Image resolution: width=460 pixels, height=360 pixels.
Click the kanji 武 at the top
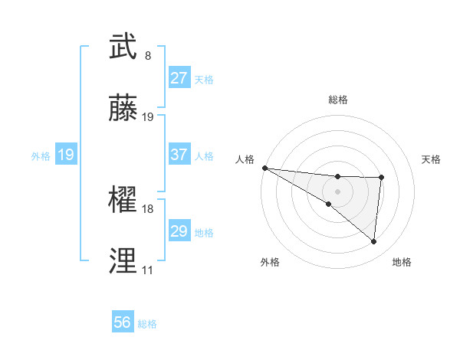[123, 47]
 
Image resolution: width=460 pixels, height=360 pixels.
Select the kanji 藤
[123, 109]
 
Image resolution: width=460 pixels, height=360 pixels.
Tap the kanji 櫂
[123, 201]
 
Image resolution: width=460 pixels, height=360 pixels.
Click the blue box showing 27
[179, 78]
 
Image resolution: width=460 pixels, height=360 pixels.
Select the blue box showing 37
[179, 155]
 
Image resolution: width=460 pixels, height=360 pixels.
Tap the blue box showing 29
[179, 231]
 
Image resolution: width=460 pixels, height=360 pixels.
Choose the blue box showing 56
[123, 323]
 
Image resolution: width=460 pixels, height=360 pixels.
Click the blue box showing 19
[66, 155]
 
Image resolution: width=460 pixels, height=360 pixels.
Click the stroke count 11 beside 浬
[147, 270]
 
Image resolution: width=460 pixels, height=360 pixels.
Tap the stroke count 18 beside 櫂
[148, 209]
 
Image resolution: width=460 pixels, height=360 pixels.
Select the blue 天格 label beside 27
[204, 80]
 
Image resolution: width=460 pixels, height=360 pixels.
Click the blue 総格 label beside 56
[147, 325]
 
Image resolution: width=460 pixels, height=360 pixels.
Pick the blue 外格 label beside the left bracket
[41, 156]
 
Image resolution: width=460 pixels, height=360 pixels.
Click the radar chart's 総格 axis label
[337, 100]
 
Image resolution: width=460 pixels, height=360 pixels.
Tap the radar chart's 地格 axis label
[402, 263]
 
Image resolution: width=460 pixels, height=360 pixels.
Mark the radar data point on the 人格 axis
[264, 167]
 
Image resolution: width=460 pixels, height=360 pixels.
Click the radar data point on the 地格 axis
[373, 242]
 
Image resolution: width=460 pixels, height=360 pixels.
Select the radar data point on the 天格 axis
[381, 178]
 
